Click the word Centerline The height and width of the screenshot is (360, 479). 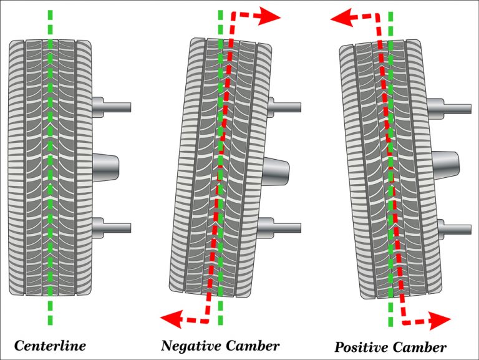50,345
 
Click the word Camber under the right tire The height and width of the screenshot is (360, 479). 419,347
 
